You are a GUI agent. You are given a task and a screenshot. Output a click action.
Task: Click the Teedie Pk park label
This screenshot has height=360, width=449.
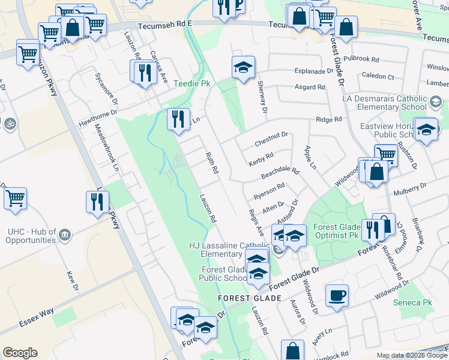pyautogui.click(x=192, y=83)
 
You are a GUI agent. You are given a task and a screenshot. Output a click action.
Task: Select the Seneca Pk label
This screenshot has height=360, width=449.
pyautogui.click(x=412, y=303)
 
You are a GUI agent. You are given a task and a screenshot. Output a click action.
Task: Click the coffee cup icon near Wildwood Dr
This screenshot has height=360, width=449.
pyautogui.click(x=337, y=295)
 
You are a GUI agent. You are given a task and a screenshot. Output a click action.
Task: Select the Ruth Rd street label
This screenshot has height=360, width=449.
pyautogui.click(x=211, y=163)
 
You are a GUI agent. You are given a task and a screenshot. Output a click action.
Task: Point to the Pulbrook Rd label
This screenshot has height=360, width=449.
pyautogui.click(x=362, y=60)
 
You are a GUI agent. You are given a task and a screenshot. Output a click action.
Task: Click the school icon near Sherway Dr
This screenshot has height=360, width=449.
pyautogui.click(x=243, y=67)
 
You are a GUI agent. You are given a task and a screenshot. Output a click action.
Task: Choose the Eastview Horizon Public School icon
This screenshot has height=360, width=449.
pyautogui.click(x=426, y=129)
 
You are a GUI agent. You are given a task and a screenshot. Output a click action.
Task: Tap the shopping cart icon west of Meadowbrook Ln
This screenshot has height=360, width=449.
pyautogui.click(x=15, y=198)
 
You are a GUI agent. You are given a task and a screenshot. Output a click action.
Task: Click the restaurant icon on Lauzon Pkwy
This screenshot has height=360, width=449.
pyautogui.click(x=97, y=201)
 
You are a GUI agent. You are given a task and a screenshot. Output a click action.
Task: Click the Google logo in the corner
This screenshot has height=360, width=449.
pyautogui.click(x=20, y=353)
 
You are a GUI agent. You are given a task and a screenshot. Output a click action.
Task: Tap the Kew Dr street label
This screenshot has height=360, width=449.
pyautogui.click(x=73, y=280)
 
